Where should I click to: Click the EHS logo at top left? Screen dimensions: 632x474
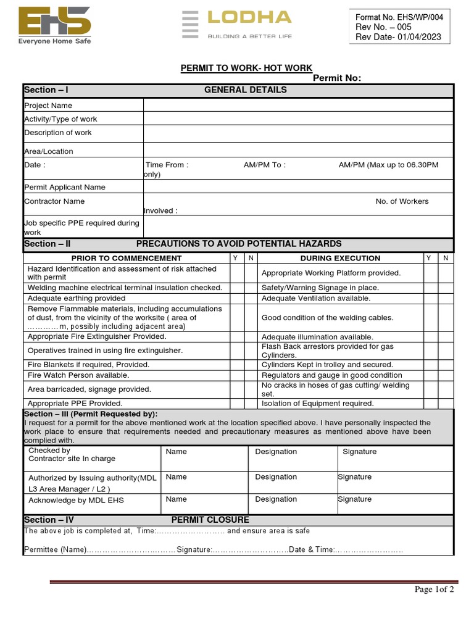click(54, 25)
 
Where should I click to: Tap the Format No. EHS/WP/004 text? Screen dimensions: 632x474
click(400, 17)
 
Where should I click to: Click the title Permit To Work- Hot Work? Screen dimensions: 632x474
click(246, 68)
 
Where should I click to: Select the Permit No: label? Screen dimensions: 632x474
click(337, 78)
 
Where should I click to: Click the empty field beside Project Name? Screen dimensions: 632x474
click(298, 106)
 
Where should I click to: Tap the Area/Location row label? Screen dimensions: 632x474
click(49, 151)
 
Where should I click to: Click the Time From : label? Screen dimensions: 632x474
click(167, 165)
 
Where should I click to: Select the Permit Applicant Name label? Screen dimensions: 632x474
click(65, 187)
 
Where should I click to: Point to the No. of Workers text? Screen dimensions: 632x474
click(402, 201)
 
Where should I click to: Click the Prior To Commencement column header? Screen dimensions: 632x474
click(127, 258)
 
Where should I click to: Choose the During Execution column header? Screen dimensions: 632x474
click(340, 258)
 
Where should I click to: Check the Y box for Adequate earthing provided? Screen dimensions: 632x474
click(235, 298)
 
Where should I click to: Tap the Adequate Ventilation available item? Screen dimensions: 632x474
click(316, 298)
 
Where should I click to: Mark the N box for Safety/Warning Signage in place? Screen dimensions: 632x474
click(446, 288)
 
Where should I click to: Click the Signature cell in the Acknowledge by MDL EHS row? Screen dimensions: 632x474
click(395, 499)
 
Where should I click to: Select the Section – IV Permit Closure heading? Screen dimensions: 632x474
click(136, 520)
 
